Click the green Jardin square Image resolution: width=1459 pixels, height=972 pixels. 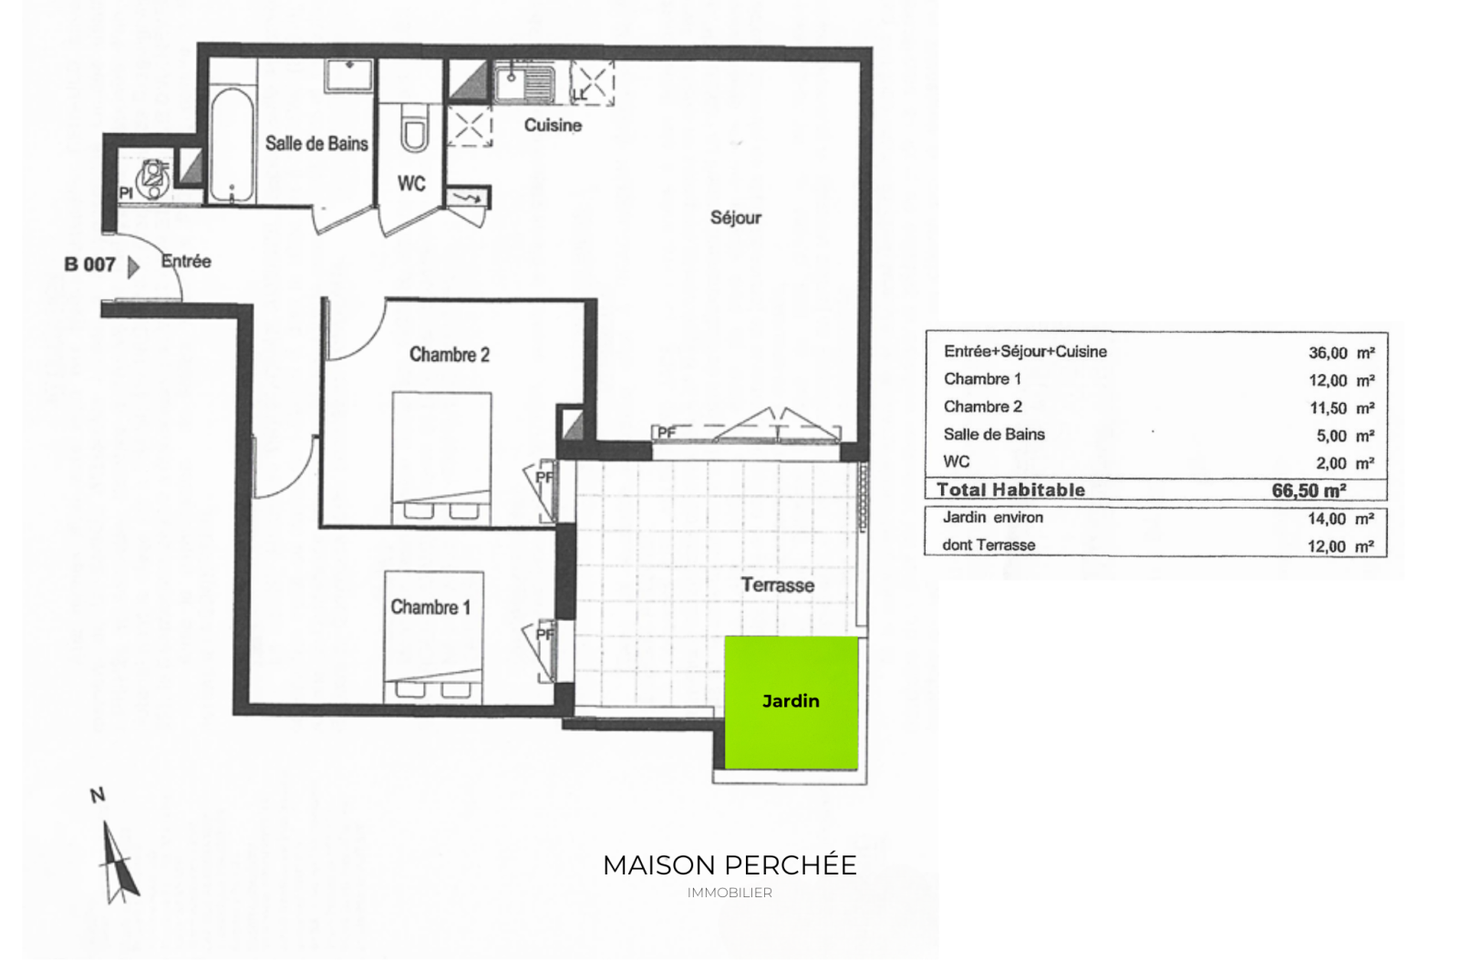coord(792,702)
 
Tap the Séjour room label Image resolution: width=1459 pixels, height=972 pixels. coord(735,218)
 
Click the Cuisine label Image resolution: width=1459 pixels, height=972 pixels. coord(553,125)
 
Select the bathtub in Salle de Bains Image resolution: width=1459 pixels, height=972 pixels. coord(232,145)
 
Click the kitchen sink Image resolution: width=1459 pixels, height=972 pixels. coord(524,83)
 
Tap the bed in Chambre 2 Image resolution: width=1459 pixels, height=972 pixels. coord(441,458)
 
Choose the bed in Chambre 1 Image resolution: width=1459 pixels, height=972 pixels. coord(434,637)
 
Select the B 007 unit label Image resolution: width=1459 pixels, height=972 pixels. coord(90,264)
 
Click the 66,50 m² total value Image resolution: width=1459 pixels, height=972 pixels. coord(1309,491)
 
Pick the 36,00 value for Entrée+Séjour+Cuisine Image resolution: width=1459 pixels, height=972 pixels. coord(1328,353)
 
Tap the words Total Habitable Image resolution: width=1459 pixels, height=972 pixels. coord(1011,490)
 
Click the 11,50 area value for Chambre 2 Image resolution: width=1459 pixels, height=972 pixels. coord(1328,408)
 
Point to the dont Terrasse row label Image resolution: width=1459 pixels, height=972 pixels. coord(988,545)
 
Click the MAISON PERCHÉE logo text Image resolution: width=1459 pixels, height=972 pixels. coord(729,865)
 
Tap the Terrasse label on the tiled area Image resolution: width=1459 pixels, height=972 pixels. coord(778,585)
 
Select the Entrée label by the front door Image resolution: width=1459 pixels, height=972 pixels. coord(186,262)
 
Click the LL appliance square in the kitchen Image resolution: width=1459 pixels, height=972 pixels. coord(592,83)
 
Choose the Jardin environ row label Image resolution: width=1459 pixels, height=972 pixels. coord(993,518)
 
